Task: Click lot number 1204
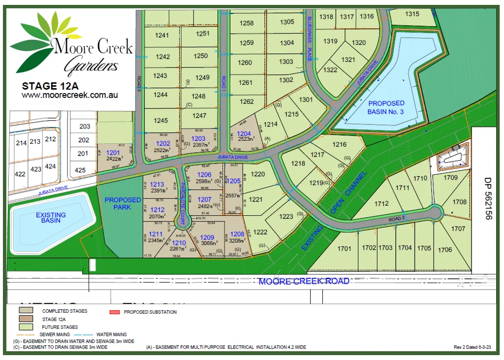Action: coord(244,133)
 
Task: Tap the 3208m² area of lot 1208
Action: coord(237,241)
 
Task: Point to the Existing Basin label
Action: coord(51,218)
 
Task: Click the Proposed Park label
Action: coord(123,203)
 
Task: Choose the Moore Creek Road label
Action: coord(304,281)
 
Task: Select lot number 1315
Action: coord(412,14)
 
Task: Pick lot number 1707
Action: coord(458,229)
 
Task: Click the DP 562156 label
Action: coord(488,198)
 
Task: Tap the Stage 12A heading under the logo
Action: coord(50,86)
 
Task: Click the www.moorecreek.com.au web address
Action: coord(69,95)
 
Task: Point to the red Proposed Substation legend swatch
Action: coord(114,312)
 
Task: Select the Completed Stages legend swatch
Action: coord(26,311)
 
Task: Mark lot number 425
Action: coord(80,170)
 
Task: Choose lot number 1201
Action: coord(113,153)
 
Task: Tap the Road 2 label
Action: coord(397,219)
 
